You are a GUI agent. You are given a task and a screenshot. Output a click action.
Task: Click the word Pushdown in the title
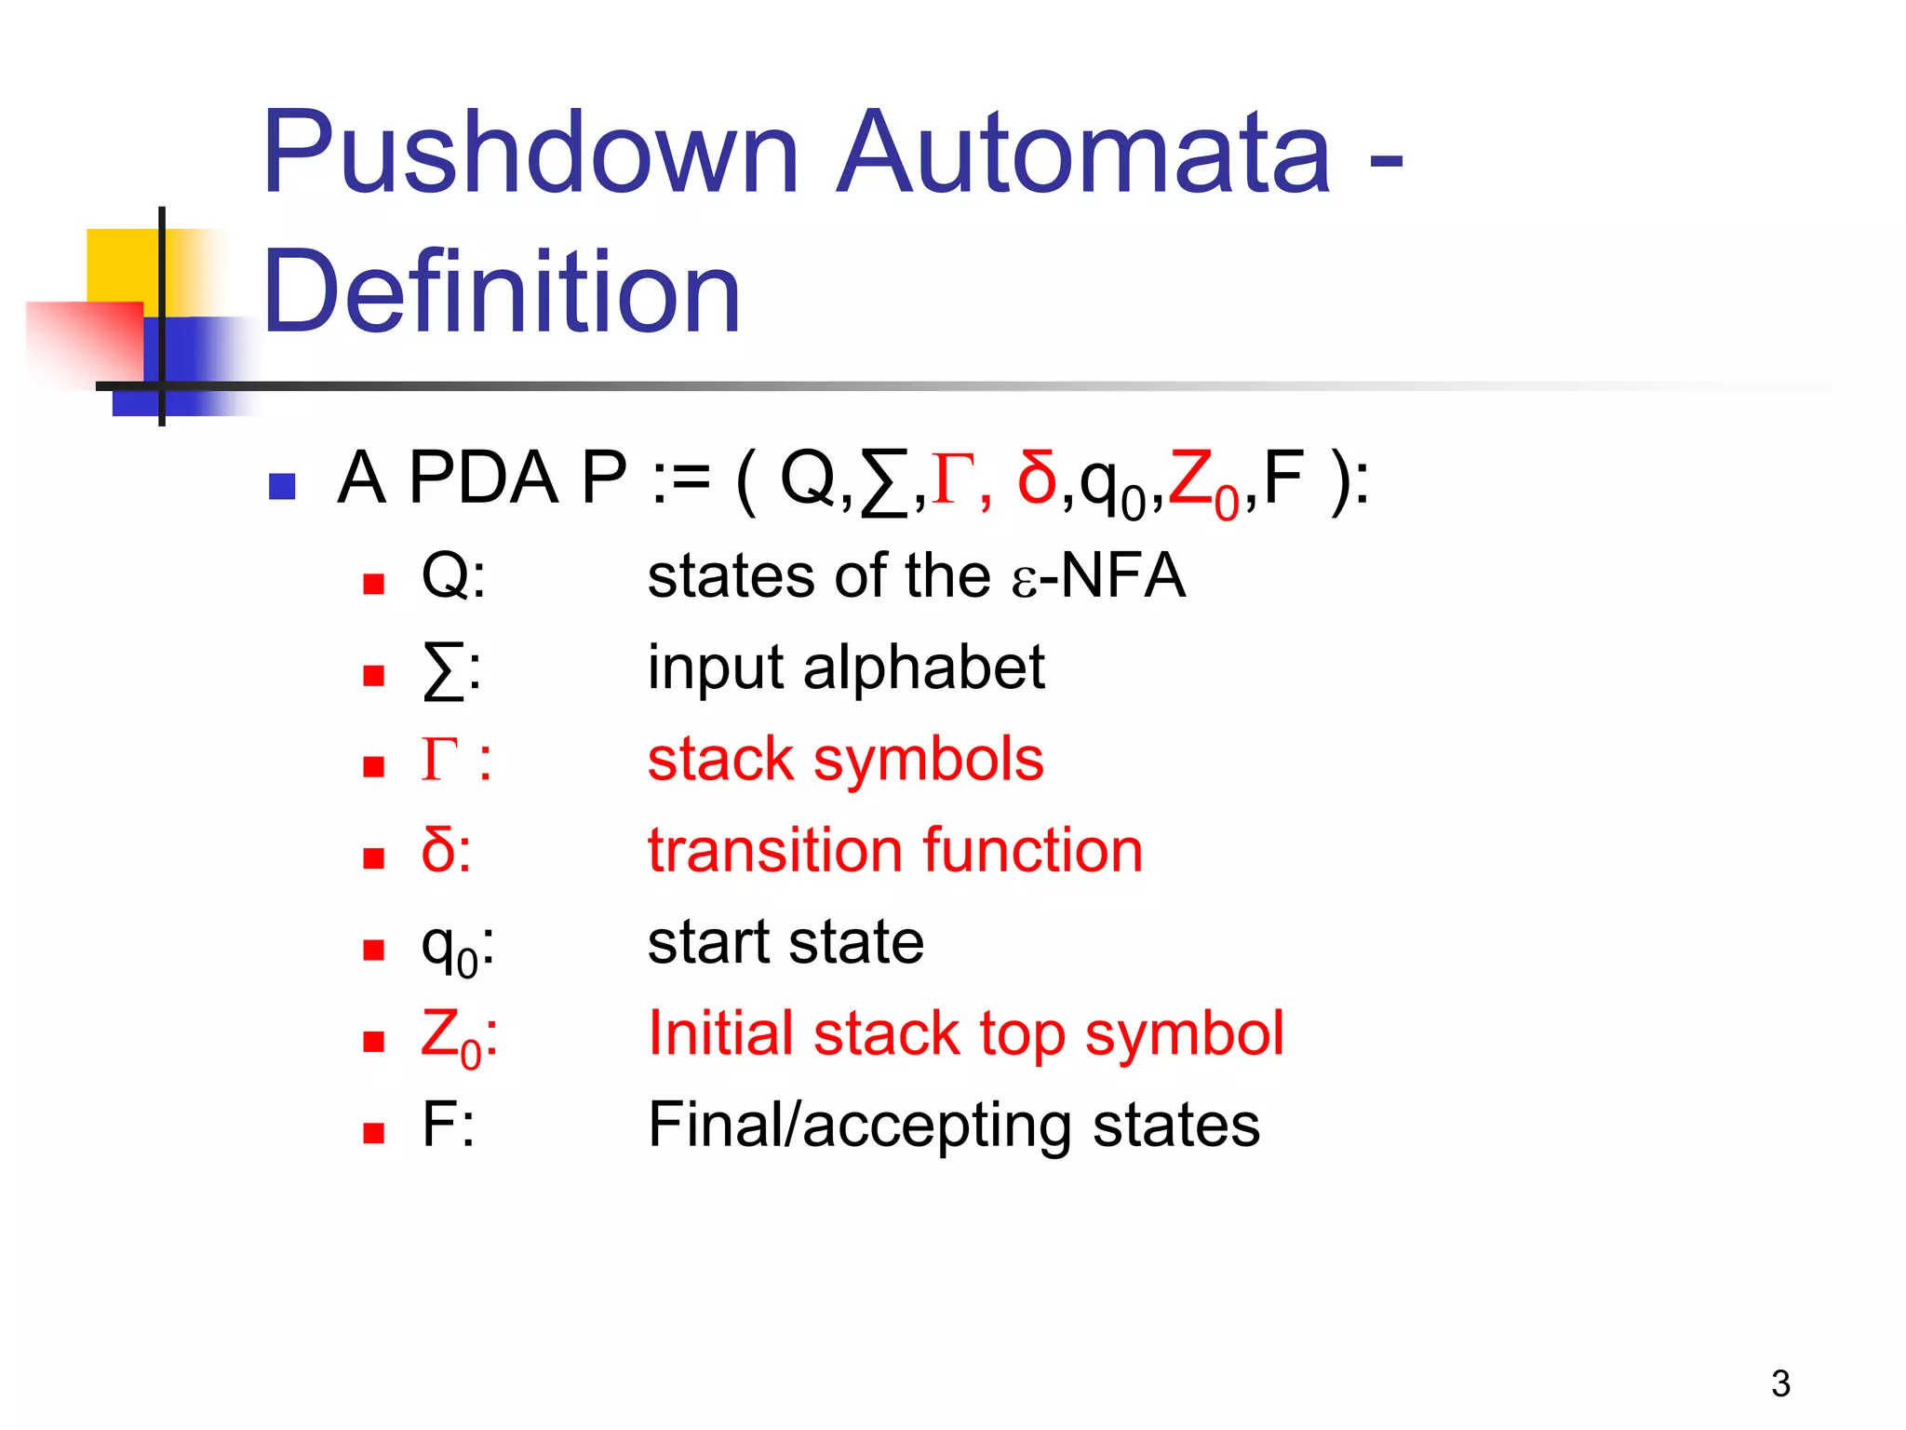[x=530, y=154]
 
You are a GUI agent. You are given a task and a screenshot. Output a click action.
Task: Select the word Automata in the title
[x=1083, y=154]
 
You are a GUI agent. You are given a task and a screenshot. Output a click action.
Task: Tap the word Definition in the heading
[x=502, y=293]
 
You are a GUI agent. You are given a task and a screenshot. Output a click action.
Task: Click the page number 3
[x=1780, y=1383]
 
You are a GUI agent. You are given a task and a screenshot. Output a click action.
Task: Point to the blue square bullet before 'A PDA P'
[x=281, y=486]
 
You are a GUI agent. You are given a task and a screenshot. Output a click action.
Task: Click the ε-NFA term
[x=1098, y=576]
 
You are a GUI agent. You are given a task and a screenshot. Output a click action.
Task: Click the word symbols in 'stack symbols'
[x=928, y=759]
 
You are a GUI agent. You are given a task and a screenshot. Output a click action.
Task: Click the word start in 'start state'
[x=708, y=942]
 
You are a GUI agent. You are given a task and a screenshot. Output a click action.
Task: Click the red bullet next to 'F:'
[x=374, y=1133]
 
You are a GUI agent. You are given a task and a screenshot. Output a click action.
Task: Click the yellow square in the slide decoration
[x=121, y=265]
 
